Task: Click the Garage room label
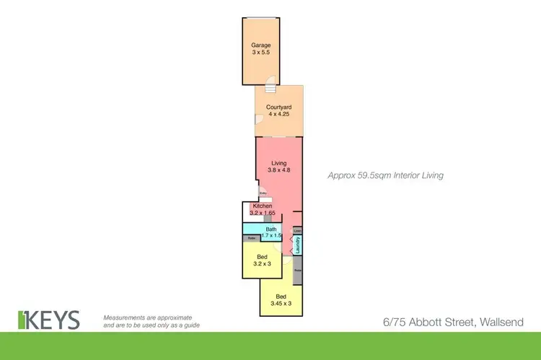click(261, 45)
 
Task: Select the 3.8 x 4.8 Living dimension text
click(278, 170)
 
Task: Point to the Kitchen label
click(262, 206)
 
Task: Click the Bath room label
click(270, 229)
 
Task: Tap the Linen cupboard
click(296, 230)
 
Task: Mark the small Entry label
click(263, 193)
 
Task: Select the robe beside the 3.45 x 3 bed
click(297, 271)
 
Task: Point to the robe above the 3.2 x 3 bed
click(251, 238)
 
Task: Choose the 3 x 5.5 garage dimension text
click(261, 53)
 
